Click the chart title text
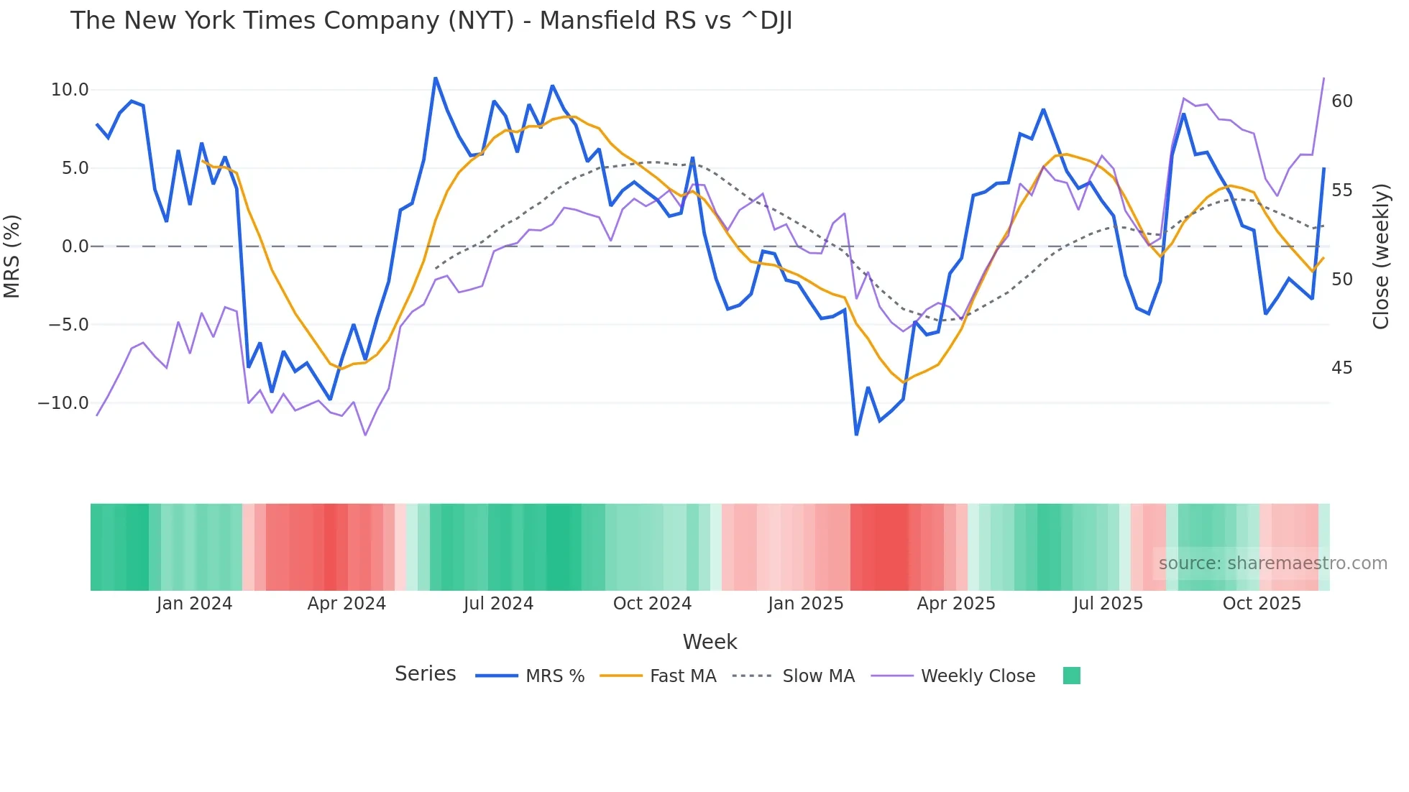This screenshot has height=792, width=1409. (431, 21)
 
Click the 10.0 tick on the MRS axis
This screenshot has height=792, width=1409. (69, 90)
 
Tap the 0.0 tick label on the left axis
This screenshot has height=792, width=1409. (75, 247)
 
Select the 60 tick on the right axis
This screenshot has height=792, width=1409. (1341, 101)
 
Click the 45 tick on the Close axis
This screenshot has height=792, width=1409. (1341, 368)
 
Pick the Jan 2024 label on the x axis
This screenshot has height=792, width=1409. (194, 604)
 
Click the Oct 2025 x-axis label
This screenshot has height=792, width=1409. (1262, 604)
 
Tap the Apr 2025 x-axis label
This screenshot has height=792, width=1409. (955, 604)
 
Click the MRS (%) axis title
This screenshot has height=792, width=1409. (12, 256)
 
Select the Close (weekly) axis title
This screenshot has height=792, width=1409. (1381, 257)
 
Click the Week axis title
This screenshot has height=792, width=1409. (710, 642)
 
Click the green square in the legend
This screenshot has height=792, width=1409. (1071, 676)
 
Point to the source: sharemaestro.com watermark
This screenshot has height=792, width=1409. (1272, 563)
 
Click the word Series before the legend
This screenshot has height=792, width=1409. (425, 674)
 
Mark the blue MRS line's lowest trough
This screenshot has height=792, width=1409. (856, 435)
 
